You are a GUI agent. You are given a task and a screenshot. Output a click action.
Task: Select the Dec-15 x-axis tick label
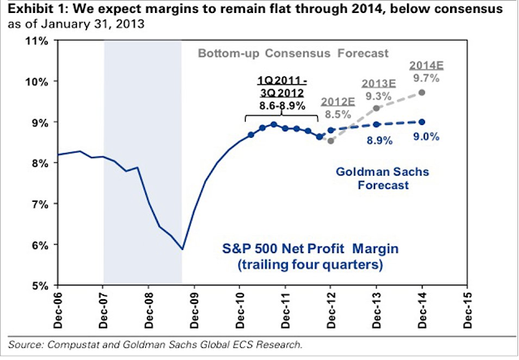(463, 307)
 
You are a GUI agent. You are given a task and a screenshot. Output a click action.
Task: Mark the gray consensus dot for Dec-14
(422, 92)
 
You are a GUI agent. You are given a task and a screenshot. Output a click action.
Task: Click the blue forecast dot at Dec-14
(422, 122)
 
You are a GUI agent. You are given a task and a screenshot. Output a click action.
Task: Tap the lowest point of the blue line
(183, 249)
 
